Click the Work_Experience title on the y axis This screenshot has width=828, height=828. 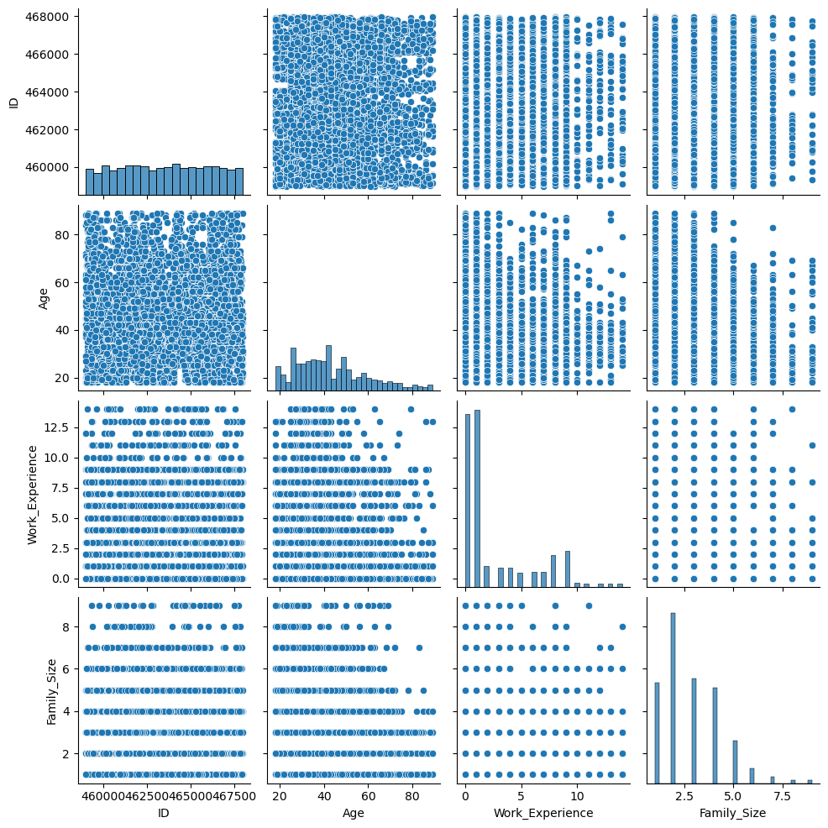click(x=33, y=495)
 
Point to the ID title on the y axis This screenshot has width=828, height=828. click(x=13, y=102)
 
